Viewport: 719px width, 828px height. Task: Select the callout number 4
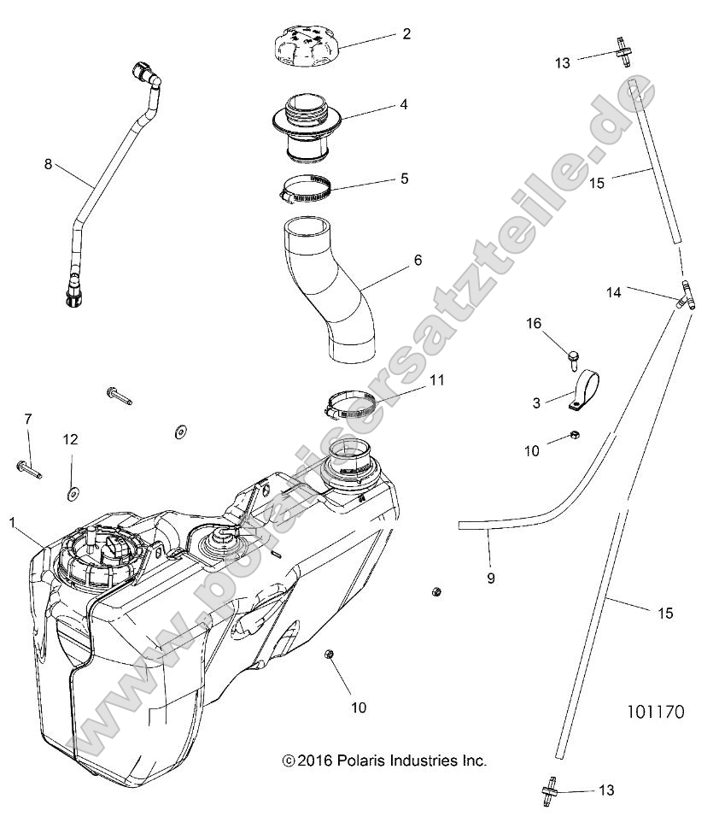coord(404,105)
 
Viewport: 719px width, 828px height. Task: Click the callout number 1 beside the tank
coord(12,520)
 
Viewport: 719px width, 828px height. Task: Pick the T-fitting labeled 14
coord(686,297)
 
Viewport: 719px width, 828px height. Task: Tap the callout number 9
coord(491,578)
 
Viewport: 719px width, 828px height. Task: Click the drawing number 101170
coord(655,711)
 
